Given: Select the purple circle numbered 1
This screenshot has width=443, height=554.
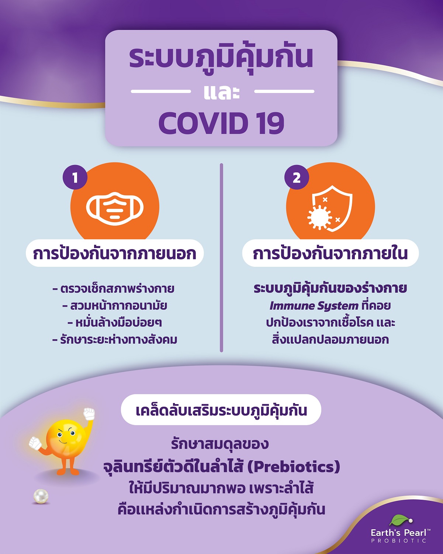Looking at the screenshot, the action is point(75,178).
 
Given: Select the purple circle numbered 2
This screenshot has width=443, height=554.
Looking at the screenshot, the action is point(296,178).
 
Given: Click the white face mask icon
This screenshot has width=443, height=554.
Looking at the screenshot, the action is point(115,209).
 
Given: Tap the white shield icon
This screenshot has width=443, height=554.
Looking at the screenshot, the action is point(331,209).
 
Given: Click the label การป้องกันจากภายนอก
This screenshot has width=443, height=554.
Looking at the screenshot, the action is point(115,254).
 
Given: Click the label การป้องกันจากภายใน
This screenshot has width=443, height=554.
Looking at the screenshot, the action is point(330,254).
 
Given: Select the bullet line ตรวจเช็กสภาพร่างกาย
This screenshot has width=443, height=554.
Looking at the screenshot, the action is point(114,289).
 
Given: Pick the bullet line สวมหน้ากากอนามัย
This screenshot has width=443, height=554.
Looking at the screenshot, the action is point(115,306).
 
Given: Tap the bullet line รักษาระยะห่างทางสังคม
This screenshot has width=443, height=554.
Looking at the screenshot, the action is point(115,340).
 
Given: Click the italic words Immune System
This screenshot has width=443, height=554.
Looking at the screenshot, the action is point(314,306).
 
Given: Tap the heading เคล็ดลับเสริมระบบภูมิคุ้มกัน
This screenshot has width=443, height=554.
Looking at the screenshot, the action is point(221,410).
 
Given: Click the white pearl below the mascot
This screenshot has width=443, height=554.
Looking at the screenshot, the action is point(41,496).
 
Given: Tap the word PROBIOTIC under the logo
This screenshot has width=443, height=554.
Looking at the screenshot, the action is point(398,541).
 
